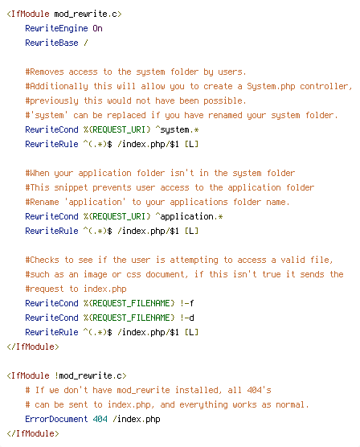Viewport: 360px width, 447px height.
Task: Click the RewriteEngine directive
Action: point(56,28)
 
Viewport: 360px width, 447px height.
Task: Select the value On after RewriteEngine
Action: point(97,28)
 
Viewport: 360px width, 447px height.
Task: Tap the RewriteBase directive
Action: point(51,43)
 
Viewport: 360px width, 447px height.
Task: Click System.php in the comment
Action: point(271,86)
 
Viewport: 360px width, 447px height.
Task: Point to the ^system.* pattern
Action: point(177,129)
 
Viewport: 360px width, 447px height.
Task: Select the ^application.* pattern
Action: point(189,216)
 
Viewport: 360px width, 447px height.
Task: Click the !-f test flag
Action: point(186,303)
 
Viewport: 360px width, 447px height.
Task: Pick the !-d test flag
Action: point(186,318)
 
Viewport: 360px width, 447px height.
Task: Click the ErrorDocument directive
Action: point(56,419)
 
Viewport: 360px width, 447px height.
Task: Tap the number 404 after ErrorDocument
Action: point(100,419)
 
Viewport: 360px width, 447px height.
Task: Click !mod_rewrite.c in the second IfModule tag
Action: point(90,375)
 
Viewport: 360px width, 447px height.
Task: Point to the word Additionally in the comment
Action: point(59,86)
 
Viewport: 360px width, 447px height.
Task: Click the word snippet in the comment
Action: point(71,187)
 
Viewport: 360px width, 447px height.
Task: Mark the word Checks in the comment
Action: point(44,260)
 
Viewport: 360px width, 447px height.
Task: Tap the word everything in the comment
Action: point(203,405)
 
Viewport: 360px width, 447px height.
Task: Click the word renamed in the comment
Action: point(225,116)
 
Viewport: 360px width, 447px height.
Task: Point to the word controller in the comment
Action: point(326,86)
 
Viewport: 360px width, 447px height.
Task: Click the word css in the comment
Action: point(133,274)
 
